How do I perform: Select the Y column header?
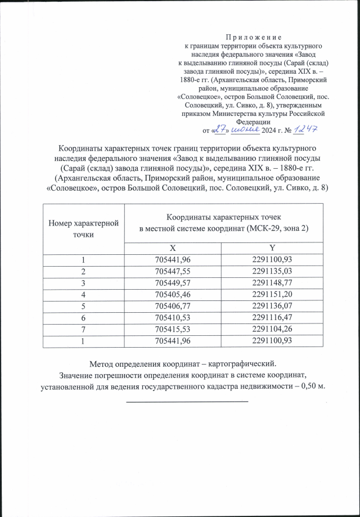pos(273,248)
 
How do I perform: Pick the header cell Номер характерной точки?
pos(83,228)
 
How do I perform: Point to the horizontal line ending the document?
pos(187,401)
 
